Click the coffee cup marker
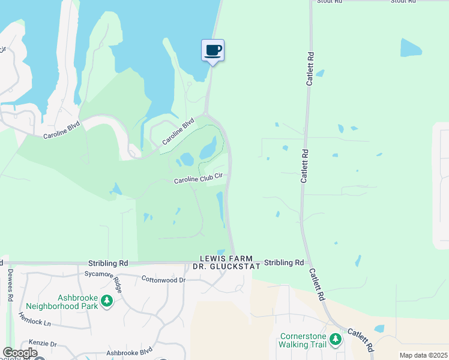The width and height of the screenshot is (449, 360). pyautogui.click(x=212, y=50)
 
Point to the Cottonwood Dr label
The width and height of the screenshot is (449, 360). pyautogui.click(x=163, y=280)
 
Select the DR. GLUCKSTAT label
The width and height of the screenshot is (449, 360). pyautogui.click(x=222, y=266)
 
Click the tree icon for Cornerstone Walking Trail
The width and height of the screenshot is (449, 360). pyautogui.click(x=336, y=340)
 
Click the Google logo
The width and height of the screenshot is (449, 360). pyautogui.click(x=20, y=353)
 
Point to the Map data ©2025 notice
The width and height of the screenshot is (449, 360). pyautogui.click(x=423, y=355)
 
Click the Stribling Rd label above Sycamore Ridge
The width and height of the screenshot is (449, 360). pyautogui.click(x=108, y=263)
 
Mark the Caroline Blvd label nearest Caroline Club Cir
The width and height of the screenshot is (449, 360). pyautogui.click(x=179, y=132)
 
